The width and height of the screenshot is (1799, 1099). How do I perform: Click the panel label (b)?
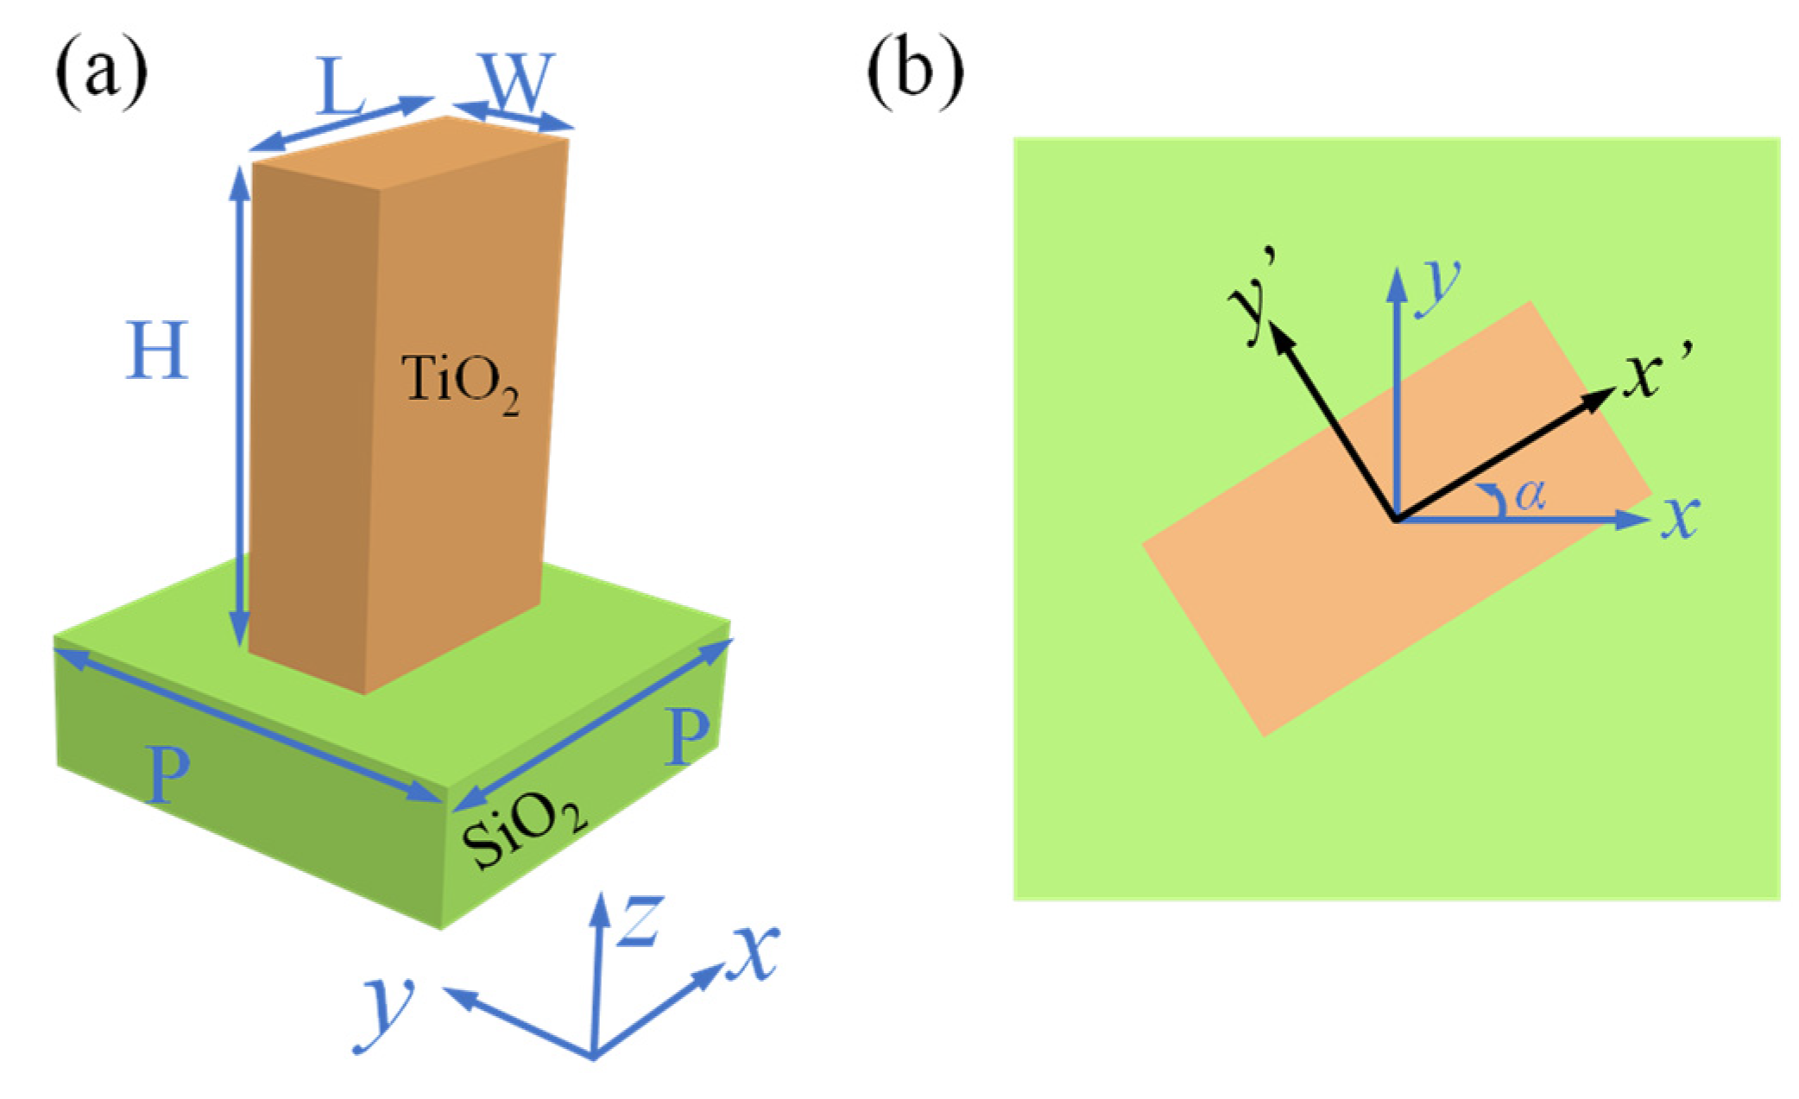pos(914,73)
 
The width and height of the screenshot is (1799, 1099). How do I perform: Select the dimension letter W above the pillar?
pos(516,82)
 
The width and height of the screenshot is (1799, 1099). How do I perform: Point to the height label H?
pos(157,351)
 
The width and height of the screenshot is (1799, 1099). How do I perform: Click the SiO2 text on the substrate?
pos(523,831)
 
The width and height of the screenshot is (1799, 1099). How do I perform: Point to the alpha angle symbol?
pos(1531,495)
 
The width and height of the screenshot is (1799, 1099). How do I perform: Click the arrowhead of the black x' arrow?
pos(1602,398)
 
